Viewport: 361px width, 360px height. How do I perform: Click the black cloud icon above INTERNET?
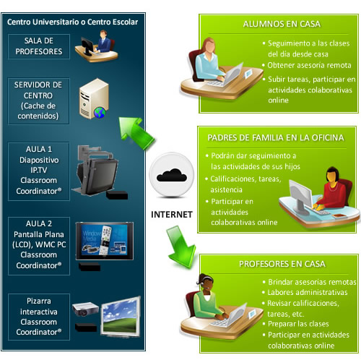tap(172, 176)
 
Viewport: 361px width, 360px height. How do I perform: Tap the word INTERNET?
tap(172, 215)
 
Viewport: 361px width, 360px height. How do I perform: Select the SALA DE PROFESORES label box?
tap(39, 46)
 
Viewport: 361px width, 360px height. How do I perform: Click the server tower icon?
tap(94, 98)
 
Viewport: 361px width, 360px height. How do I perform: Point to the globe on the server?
tap(100, 113)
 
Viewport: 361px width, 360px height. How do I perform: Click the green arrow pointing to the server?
tap(136, 132)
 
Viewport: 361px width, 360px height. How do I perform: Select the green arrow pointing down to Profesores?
tap(181, 247)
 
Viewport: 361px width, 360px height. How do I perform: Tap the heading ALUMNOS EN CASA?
tap(282, 24)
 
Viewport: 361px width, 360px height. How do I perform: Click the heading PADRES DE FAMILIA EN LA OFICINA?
tap(276, 138)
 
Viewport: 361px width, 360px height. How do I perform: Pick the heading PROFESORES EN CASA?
tap(282, 264)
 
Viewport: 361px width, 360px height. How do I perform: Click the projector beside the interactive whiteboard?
tap(85, 309)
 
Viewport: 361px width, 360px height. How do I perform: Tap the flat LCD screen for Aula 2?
tap(105, 241)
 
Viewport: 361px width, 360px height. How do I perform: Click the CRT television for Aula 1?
tap(97, 173)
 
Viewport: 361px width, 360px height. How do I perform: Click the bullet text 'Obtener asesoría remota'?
tap(309, 65)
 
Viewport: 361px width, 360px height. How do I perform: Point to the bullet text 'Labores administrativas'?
tap(308, 293)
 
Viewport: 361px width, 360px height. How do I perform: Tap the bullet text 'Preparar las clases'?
tap(298, 324)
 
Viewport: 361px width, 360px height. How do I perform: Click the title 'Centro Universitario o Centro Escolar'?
tap(72, 22)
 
